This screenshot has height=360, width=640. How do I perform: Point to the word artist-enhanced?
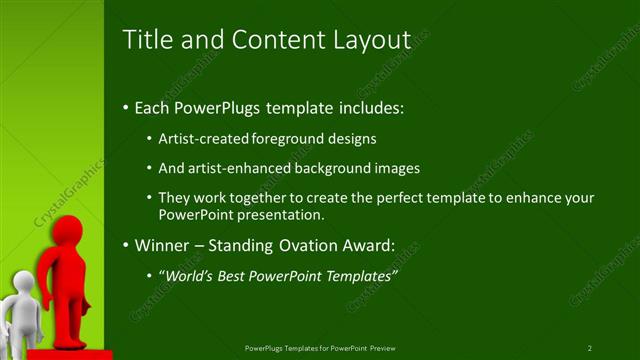click(238, 168)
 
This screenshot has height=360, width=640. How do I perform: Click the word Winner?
click(160, 245)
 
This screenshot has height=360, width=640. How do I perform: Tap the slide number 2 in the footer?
click(590, 348)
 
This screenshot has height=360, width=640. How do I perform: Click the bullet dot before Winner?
click(125, 245)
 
